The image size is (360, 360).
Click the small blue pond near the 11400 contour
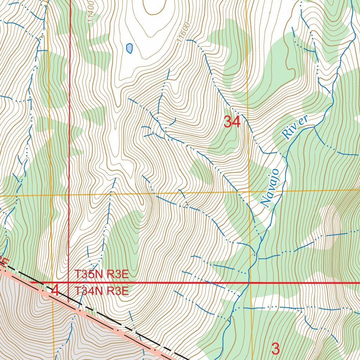coord(129,48)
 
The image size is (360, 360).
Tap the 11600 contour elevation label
coord(184,33)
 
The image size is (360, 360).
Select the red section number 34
coord(232,122)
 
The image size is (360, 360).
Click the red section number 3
coord(276,349)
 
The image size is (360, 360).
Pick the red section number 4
coord(55,291)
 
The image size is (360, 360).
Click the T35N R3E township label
coord(101,274)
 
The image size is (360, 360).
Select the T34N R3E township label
coord(101,291)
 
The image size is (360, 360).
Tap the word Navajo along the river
coord(270,188)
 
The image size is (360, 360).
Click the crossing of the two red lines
coord(68,282)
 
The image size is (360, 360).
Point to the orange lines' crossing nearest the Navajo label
coord(249,192)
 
